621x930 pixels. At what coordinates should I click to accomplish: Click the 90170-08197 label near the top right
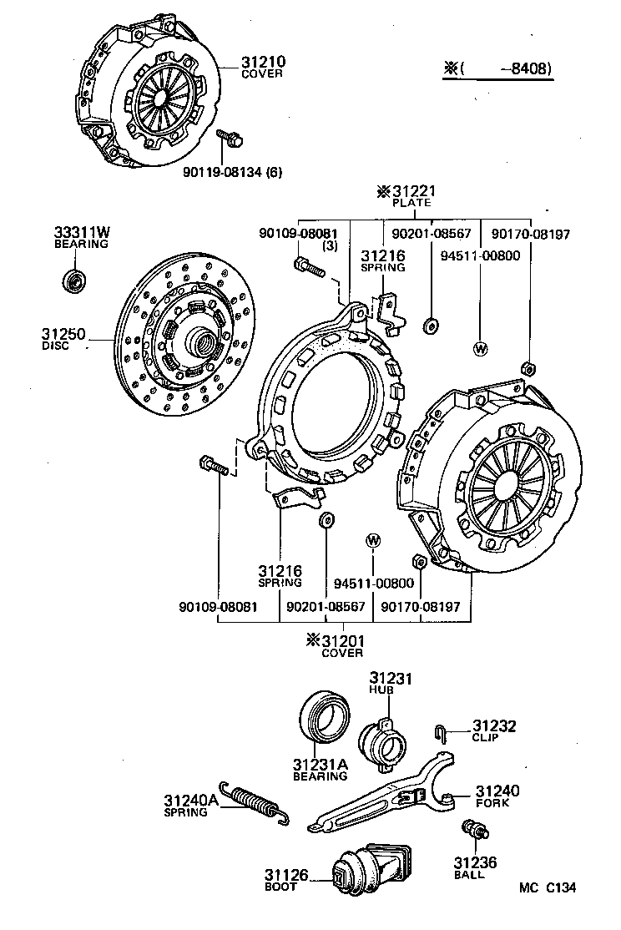pos(530,235)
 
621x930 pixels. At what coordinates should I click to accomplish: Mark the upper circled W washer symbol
pos(480,349)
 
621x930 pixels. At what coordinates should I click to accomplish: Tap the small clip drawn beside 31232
pos(441,733)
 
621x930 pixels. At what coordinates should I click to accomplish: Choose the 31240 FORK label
pos(497,796)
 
